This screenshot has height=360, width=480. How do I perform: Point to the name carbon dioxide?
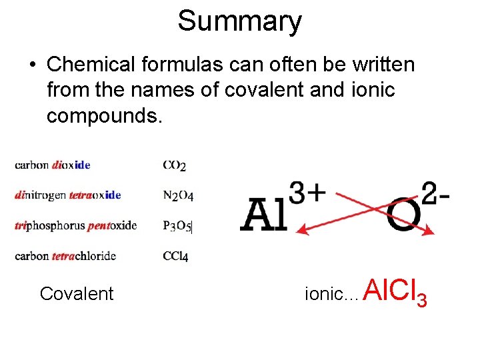(x=53, y=165)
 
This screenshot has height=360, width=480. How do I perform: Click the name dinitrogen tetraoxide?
(x=67, y=195)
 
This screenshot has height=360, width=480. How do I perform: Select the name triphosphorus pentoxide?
(x=75, y=225)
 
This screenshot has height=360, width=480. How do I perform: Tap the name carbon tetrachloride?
(x=65, y=255)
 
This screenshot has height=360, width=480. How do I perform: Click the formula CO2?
(x=174, y=165)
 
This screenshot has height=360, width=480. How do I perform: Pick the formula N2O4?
(x=177, y=195)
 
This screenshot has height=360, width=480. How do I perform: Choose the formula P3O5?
(x=177, y=226)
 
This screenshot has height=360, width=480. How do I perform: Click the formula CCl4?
(x=175, y=256)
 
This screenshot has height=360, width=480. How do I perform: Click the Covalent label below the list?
(x=77, y=293)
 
